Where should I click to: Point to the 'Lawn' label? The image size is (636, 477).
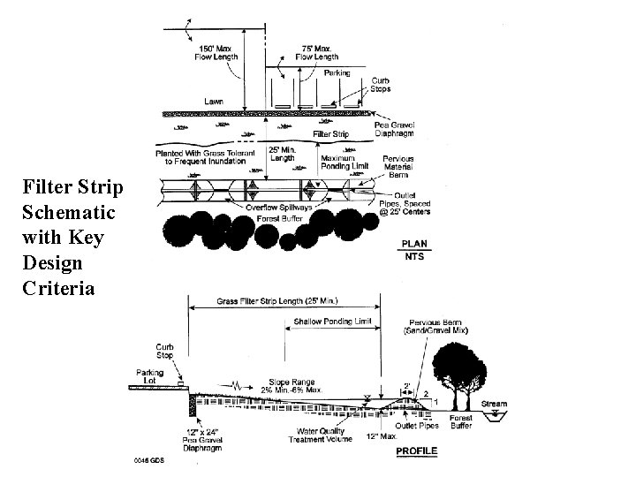214,102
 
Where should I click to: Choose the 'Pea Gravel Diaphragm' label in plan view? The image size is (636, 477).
395,130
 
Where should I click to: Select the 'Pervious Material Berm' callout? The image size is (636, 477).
397,166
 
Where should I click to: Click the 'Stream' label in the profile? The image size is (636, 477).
494,404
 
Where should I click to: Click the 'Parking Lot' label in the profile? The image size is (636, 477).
150,376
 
